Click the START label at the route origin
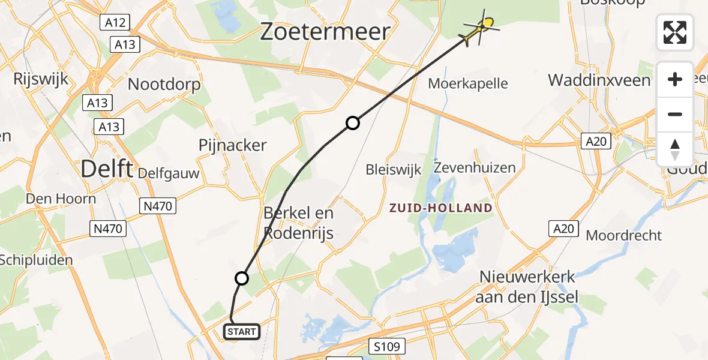[x=242, y=331]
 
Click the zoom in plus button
[x=675, y=79]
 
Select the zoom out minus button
[x=675, y=114]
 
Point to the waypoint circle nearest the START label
[x=241, y=278]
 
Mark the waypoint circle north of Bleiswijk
[x=353, y=123]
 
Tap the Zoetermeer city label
[x=325, y=32]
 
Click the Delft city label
[x=106, y=169]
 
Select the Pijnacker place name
[x=233, y=145]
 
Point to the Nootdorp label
[x=164, y=85]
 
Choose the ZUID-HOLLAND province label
[x=440, y=208]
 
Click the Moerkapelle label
[x=468, y=84]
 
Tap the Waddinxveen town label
[x=599, y=80]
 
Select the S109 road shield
[x=387, y=346]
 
